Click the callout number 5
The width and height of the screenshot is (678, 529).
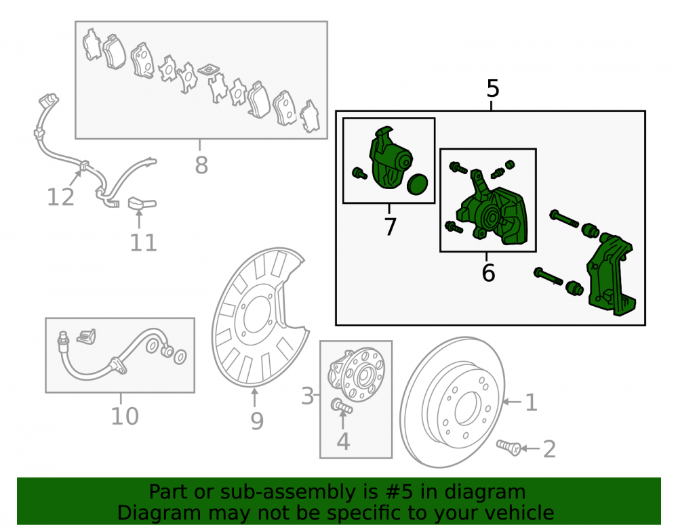(x=492, y=89)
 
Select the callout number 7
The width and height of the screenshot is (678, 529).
(x=390, y=226)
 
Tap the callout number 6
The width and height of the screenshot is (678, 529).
(x=488, y=273)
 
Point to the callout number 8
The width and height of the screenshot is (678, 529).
(x=201, y=165)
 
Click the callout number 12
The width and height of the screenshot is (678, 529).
(x=60, y=197)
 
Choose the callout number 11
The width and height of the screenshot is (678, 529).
(x=143, y=242)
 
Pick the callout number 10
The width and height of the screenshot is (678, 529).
(x=125, y=417)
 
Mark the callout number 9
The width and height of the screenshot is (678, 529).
(x=257, y=421)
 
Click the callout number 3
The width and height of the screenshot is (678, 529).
(x=307, y=396)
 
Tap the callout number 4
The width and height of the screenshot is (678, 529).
(x=343, y=442)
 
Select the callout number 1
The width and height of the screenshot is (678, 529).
(x=531, y=402)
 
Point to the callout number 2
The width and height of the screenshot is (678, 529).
(x=549, y=449)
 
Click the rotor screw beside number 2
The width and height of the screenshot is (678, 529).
(x=508, y=448)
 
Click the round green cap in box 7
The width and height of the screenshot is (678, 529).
(x=417, y=185)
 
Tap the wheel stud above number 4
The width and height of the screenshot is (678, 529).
(x=342, y=406)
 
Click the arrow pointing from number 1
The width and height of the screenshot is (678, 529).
(x=512, y=402)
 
